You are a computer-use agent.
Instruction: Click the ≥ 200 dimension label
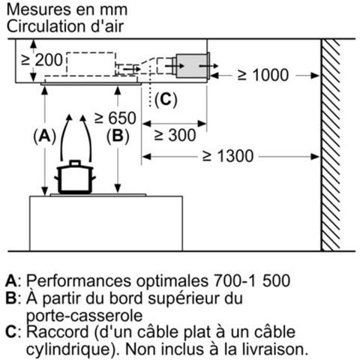(x=42, y=60)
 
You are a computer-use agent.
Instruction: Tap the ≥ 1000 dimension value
(x=263, y=75)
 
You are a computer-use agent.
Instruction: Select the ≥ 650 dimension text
(x=115, y=118)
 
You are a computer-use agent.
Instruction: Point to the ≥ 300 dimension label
(x=175, y=135)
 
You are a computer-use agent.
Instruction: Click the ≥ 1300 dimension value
(x=228, y=156)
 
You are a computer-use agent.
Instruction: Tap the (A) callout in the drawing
(x=45, y=136)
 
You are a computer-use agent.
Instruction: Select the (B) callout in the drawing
(x=118, y=136)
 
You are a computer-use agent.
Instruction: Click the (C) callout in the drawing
(x=166, y=100)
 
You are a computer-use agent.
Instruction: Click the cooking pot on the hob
(x=75, y=177)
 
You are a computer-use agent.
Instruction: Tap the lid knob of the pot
(x=75, y=163)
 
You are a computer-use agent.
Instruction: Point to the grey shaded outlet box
(x=192, y=66)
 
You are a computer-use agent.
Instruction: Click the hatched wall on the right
(x=330, y=145)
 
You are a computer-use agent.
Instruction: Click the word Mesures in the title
(x=39, y=10)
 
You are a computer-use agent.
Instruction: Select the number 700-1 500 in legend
(x=252, y=280)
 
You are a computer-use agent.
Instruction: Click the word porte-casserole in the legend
(x=84, y=316)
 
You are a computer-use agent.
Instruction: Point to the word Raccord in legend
(x=58, y=331)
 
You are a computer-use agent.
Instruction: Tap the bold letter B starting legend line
(x=10, y=298)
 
